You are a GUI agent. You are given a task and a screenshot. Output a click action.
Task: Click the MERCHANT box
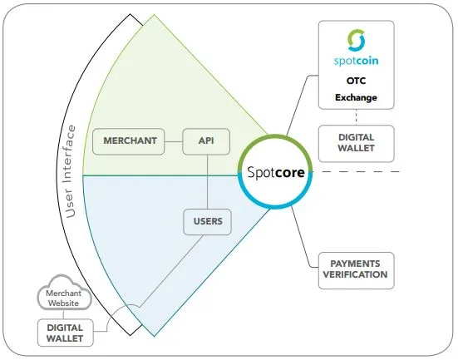129,141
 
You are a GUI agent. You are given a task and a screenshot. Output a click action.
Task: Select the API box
206,141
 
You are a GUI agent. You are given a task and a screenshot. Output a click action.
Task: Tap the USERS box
207,222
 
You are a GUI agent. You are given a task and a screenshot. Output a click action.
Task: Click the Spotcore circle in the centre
275,171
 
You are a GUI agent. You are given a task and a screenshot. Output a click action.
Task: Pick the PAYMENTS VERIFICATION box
356,270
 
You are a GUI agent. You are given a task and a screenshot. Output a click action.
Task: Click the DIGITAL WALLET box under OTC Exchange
356,144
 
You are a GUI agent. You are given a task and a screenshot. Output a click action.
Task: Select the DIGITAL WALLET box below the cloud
66,333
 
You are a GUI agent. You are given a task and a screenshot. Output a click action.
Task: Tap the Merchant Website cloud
64,293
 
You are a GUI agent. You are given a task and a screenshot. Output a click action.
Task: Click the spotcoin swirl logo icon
357,41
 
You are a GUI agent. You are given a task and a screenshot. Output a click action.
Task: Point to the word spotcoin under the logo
356,61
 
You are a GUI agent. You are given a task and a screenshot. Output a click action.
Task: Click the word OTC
356,81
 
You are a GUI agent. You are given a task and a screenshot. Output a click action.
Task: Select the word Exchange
356,97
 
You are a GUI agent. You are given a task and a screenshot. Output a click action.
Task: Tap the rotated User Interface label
70,171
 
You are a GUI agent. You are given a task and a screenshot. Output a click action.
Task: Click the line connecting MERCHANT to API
174,141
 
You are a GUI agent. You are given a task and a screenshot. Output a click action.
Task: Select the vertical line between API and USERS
207,182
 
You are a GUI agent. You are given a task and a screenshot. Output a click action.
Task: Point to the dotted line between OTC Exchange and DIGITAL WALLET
356,117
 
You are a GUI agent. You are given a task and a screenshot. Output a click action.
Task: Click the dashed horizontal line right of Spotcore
357,171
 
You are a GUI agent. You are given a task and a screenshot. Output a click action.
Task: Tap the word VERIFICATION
355,274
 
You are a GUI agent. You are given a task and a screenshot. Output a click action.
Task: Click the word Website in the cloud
64,303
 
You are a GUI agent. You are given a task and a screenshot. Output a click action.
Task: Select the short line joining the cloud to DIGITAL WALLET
63,315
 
